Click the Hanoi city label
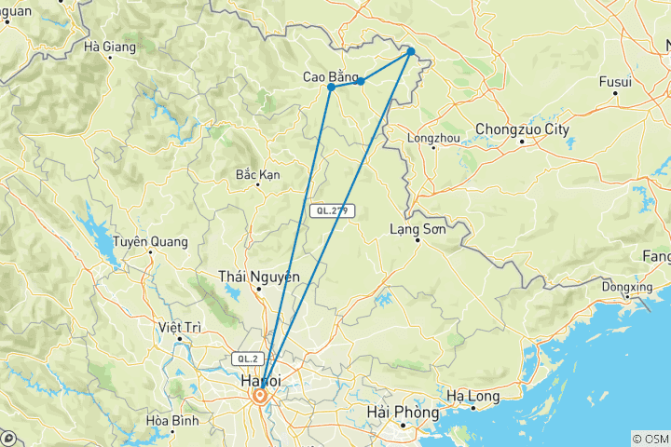pyautogui.click(x=260, y=382)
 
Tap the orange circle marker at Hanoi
pyautogui.click(x=260, y=396)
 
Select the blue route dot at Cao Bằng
pyautogui.click(x=331, y=87)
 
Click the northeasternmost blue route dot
pyautogui.click(x=410, y=51)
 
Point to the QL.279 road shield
pyautogui.click(x=332, y=211)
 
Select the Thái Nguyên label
pyautogui.click(x=246, y=276)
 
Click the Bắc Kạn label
pyautogui.click(x=258, y=174)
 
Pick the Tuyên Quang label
pyautogui.click(x=150, y=241)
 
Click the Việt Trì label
pyautogui.click(x=180, y=327)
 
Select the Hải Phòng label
pyautogui.click(x=404, y=412)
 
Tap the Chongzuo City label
pyautogui.click(x=522, y=129)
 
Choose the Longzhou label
pyautogui.click(x=434, y=139)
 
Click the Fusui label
pyautogui.click(x=614, y=82)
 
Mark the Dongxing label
pyautogui.click(x=626, y=287)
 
